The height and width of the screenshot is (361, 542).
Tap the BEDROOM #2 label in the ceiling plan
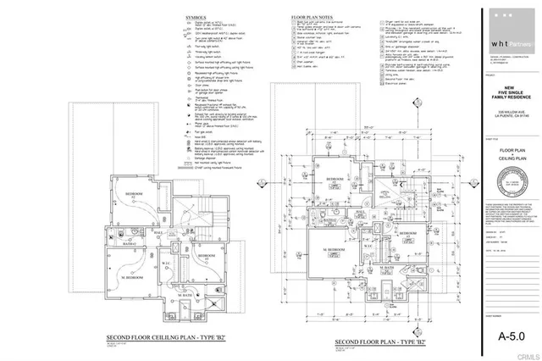coord(134,194)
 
